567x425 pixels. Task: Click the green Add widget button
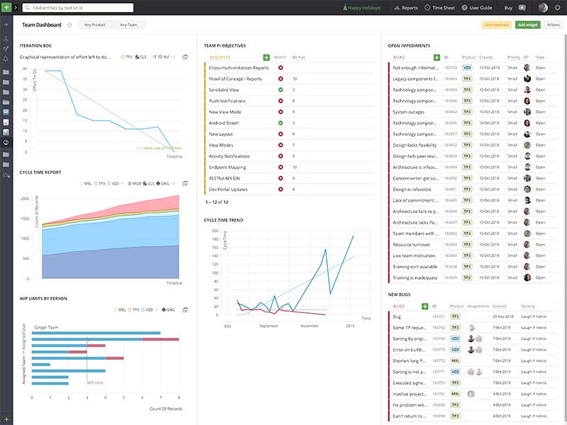527,25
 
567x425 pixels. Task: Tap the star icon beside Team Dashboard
69,25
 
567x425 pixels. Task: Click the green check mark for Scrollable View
281,90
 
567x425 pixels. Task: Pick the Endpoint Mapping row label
228,167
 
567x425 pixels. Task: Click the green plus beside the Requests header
266,57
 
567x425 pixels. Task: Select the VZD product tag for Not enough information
467,68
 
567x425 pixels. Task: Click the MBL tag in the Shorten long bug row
456,361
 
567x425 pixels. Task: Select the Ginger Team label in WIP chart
47,327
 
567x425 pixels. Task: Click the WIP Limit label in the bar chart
96,383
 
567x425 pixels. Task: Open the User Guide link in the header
481,8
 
